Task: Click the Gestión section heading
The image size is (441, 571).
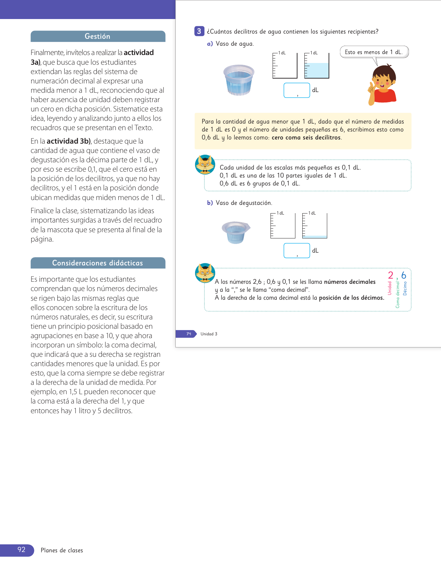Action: coord(98,36)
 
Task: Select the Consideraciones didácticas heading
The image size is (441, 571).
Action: coord(98,263)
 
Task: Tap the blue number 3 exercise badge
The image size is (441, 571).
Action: coord(199,31)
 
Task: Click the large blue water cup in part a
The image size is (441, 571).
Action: coord(239,80)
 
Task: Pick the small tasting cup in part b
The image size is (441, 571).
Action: coord(236,232)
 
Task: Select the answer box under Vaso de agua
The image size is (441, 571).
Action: coord(296,90)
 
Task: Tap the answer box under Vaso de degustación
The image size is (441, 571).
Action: coord(296,251)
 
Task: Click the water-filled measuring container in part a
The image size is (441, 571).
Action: coord(317,66)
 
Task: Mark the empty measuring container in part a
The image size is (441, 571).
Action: coord(285,66)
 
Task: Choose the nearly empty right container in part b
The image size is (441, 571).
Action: coord(315,226)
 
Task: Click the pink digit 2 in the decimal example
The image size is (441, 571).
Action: coord(391,275)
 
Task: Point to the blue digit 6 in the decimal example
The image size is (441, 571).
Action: coord(404,275)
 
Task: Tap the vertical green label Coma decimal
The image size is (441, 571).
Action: coord(397,294)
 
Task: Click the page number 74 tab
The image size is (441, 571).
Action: coord(188,334)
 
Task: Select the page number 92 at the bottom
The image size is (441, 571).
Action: coord(21,550)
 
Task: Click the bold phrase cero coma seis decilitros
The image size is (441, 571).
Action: coord(306,138)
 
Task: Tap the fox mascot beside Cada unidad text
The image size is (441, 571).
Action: coord(205,165)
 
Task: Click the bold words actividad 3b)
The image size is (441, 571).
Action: coord(68,141)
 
